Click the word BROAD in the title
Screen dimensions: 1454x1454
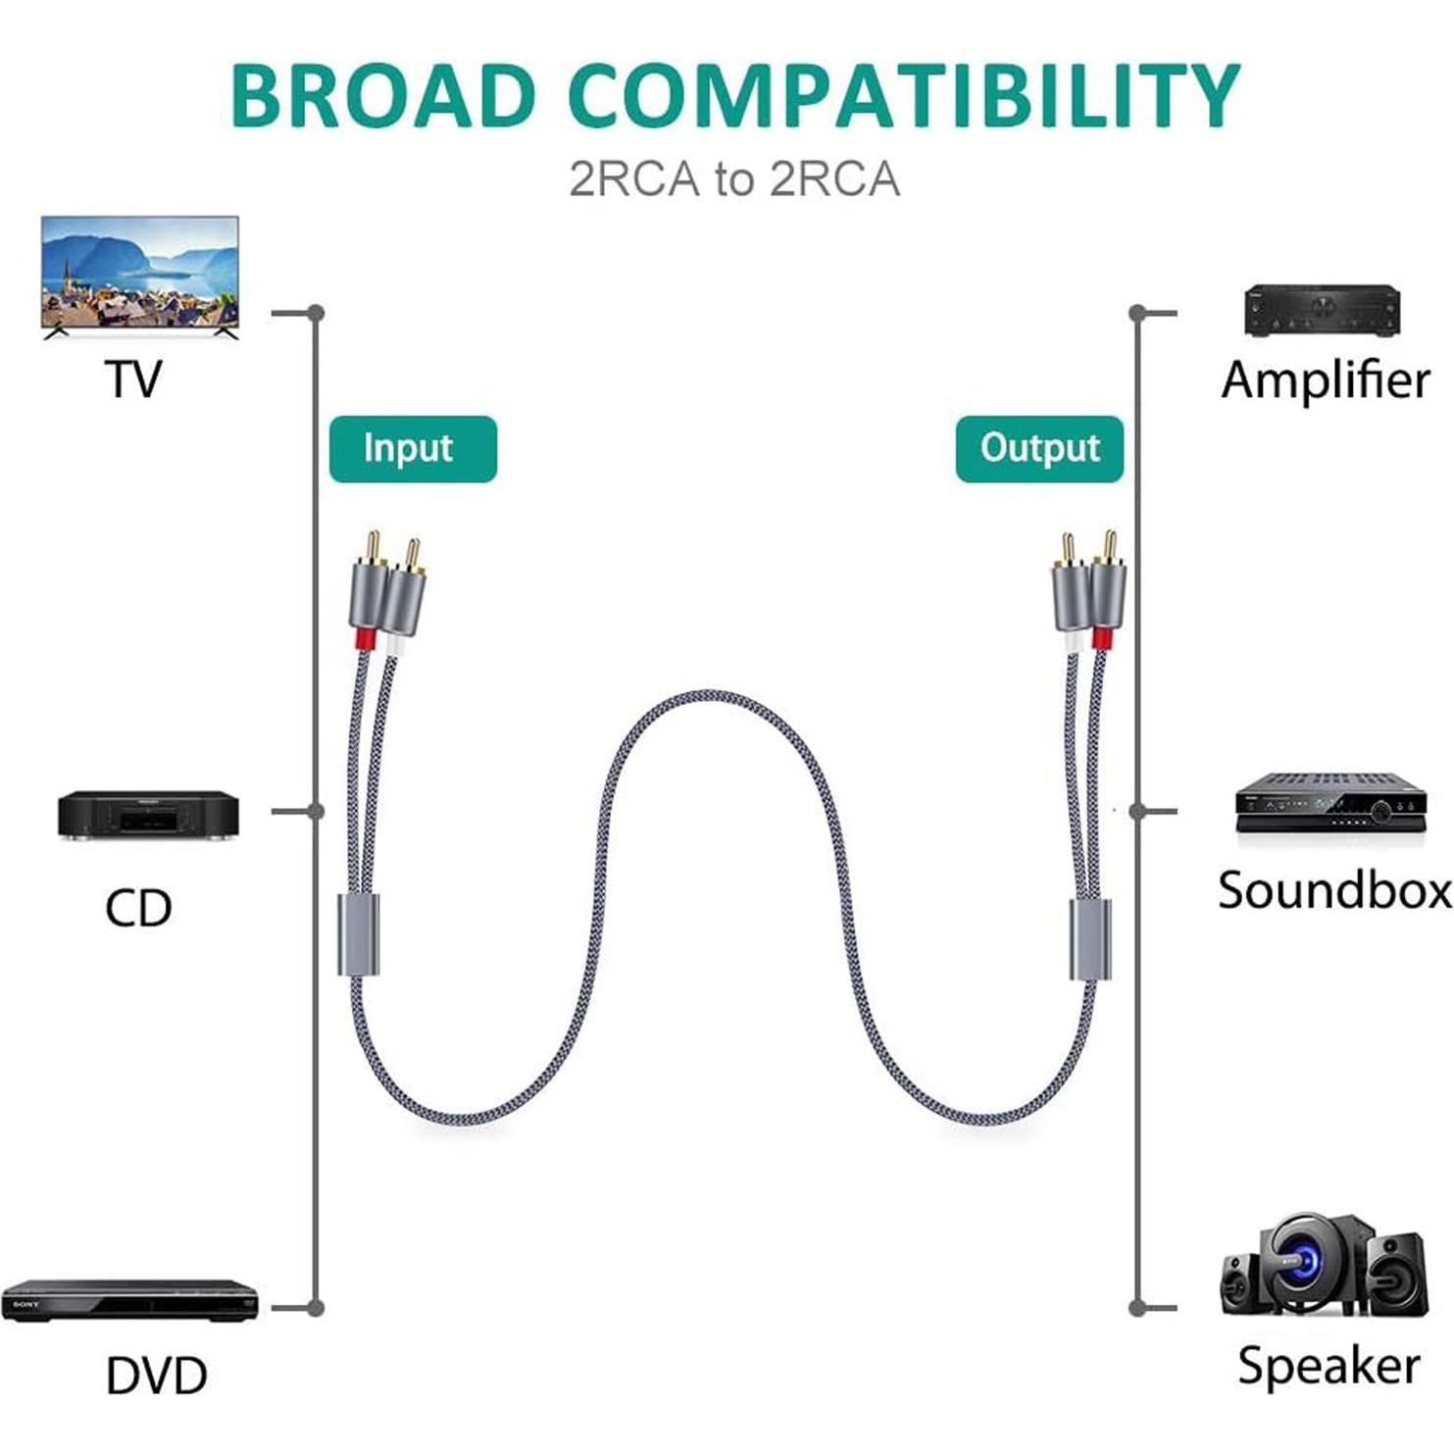pyautogui.click(x=382, y=95)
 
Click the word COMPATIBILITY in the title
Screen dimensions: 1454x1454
pyautogui.click(x=903, y=95)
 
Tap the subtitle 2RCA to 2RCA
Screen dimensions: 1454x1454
pyautogui.click(x=734, y=179)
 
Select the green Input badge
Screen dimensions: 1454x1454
pyautogui.click(x=413, y=449)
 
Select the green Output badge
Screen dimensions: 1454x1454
pyautogui.click(x=1039, y=449)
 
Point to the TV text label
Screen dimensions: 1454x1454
pyautogui.click(x=133, y=379)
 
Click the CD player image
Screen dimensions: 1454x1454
pyautogui.click(x=148, y=816)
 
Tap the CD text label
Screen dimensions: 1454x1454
pyautogui.click(x=138, y=908)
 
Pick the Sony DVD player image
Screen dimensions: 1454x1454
pyautogui.click(x=129, y=1301)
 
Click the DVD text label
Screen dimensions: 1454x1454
pyautogui.click(x=156, y=1376)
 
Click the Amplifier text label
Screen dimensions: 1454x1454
pyautogui.click(x=1326, y=379)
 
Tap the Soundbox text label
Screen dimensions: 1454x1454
pyautogui.click(x=1334, y=890)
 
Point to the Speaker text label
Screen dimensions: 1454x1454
pyautogui.click(x=1329, y=1366)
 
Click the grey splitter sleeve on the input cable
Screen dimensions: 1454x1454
pyautogui.click(x=359, y=934)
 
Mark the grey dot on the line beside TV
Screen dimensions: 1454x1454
pyautogui.click(x=315, y=313)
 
